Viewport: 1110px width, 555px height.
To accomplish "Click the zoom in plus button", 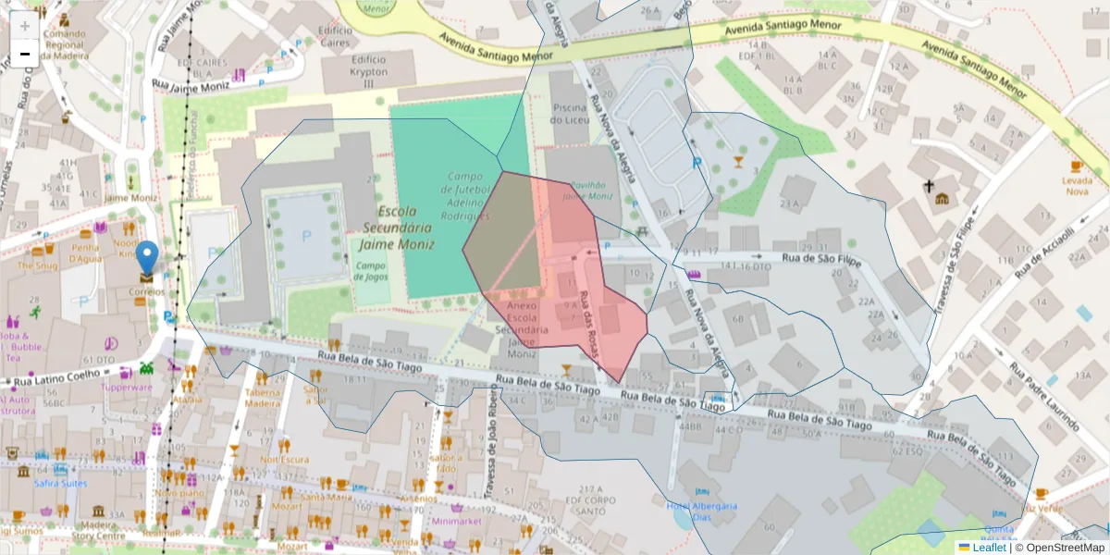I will (x=25, y=25).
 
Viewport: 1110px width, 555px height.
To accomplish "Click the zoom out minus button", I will (x=25, y=54).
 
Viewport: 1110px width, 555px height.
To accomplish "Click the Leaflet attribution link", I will (x=988, y=548).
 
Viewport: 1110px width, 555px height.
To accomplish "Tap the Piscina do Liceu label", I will (x=570, y=113).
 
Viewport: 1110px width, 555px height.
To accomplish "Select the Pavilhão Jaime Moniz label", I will (x=587, y=190).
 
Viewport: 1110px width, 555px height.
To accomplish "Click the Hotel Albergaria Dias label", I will (x=702, y=512).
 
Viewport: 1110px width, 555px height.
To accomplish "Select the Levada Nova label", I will (x=1077, y=186).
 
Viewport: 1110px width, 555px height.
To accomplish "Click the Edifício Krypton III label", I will (x=367, y=71).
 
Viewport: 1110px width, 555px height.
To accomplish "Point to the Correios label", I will (x=147, y=291).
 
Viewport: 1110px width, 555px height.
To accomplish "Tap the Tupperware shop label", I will (x=127, y=388).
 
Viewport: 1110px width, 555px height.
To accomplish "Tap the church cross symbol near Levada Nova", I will (x=929, y=185).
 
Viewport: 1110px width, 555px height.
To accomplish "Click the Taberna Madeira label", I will (x=262, y=397).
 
